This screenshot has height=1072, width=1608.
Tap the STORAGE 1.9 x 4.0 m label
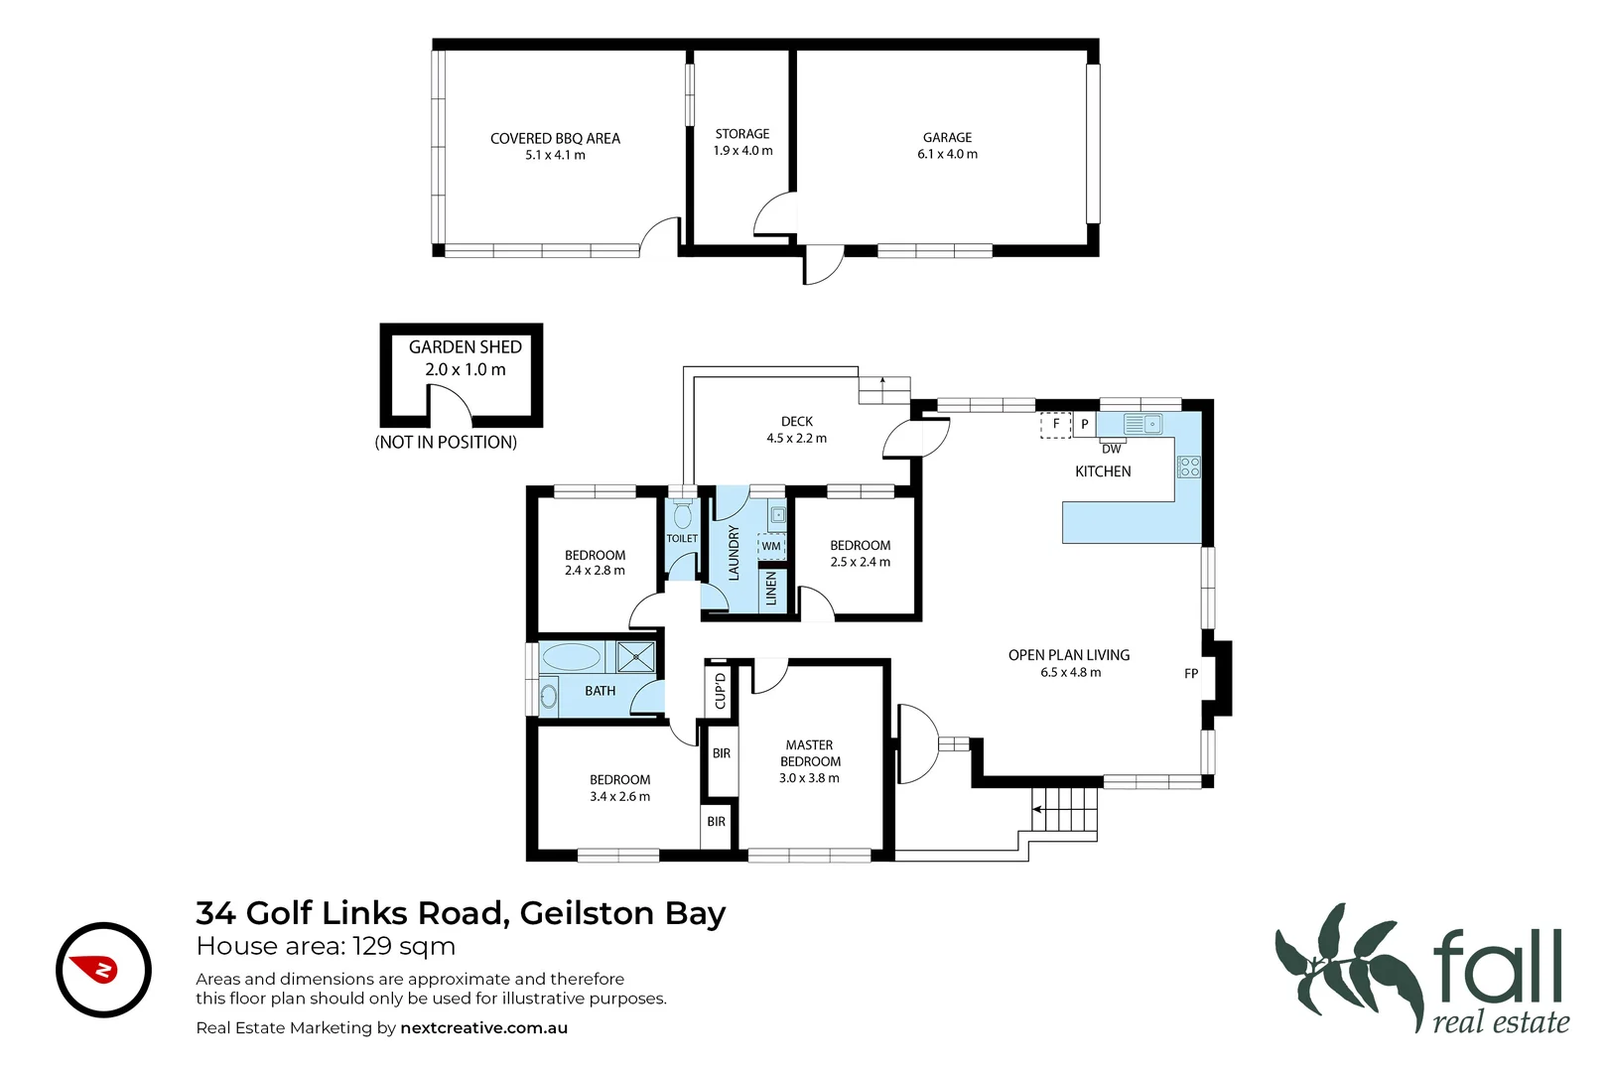pos(742,142)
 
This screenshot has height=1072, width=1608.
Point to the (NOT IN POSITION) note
pos(446,443)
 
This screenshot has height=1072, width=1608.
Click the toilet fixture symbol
pos(682,516)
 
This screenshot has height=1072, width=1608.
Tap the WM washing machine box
pos(771,546)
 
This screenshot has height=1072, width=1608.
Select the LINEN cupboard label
pos(771,589)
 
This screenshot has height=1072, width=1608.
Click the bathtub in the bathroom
pos(572,657)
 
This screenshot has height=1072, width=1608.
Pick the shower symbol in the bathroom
pos(635,657)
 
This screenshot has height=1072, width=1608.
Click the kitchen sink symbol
pos(1142,425)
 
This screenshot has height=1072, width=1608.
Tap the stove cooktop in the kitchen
pos(1188,467)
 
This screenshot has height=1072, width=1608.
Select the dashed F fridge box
pos(1055,425)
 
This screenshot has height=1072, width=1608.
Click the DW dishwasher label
pos(1111,449)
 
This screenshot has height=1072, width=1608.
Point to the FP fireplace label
pos(1191,673)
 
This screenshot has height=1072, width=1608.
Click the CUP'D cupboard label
pos(721,689)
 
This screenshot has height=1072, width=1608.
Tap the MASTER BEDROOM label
pos(810,753)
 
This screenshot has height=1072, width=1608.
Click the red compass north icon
pos(103,970)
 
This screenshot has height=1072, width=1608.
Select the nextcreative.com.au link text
pos(483,1028)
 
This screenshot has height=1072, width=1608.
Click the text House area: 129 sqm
pos(326,946)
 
